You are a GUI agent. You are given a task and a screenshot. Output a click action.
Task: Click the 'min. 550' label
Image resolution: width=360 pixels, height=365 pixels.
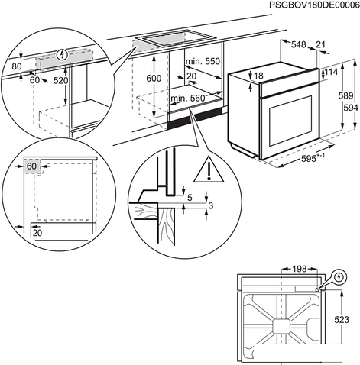202,60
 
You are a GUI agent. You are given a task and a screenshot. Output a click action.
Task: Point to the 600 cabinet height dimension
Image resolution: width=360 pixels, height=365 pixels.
154,79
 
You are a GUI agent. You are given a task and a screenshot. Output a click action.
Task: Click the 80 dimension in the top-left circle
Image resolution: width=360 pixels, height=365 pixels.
16,66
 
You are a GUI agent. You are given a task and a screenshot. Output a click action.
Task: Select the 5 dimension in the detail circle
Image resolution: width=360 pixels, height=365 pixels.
191,198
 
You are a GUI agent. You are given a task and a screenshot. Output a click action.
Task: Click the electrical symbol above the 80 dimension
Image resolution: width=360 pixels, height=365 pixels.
62,54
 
